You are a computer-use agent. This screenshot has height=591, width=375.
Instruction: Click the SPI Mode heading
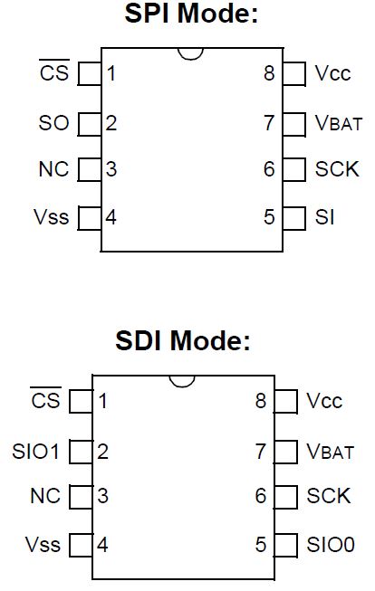191,14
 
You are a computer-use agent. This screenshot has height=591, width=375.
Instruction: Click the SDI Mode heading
183,340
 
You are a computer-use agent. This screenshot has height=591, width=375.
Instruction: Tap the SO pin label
54,123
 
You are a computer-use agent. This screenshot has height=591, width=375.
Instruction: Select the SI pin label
324,216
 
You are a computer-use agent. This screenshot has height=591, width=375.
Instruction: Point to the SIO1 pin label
36,451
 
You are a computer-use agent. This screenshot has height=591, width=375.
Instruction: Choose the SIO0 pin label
331,545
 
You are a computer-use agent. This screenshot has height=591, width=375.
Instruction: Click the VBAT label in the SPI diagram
339,123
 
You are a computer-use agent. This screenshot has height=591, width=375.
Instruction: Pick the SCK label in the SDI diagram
329,496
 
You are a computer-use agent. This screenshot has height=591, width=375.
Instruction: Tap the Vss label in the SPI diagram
52,216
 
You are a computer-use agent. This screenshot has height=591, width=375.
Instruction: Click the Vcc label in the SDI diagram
324,401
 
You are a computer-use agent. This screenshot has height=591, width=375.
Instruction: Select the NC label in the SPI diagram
54,169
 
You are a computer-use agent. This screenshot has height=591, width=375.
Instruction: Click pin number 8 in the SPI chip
269,73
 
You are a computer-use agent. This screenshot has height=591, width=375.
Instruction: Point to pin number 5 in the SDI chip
261,545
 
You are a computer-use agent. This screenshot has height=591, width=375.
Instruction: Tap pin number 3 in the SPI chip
111,169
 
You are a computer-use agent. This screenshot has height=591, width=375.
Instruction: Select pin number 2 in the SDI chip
102,451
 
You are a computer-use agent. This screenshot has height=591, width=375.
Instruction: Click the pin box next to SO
90,124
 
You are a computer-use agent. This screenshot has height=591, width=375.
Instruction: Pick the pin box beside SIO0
286,546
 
